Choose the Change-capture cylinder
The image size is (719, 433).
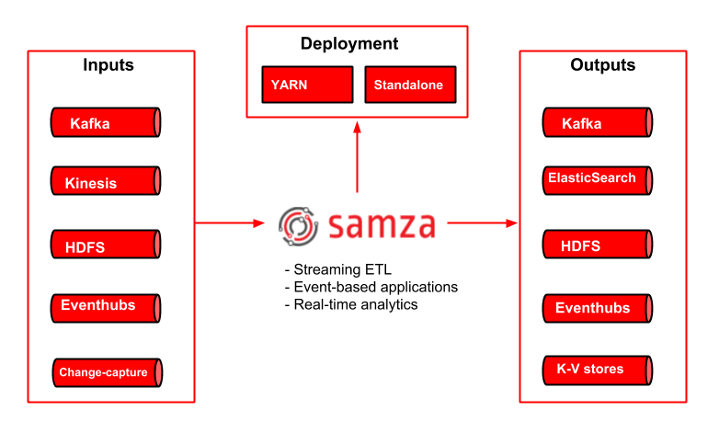tap(108, 372)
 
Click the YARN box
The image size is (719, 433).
tap(307, 85)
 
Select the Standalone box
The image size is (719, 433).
tap(409, 85)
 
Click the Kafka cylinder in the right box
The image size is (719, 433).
tap(598, 123)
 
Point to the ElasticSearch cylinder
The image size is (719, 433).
tap(598, 179)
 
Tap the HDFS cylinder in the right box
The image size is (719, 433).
tap(598, 245)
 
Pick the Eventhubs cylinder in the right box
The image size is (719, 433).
tap(598, 308)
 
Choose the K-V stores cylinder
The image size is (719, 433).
tap(598, 370)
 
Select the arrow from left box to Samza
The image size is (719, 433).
tap(230, 222)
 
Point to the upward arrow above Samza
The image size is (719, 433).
tap(357, 156)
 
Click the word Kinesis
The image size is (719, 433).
tap(91, 183)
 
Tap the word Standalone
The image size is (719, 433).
tap(408, 85)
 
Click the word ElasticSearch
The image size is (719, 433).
tap(591, 177)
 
